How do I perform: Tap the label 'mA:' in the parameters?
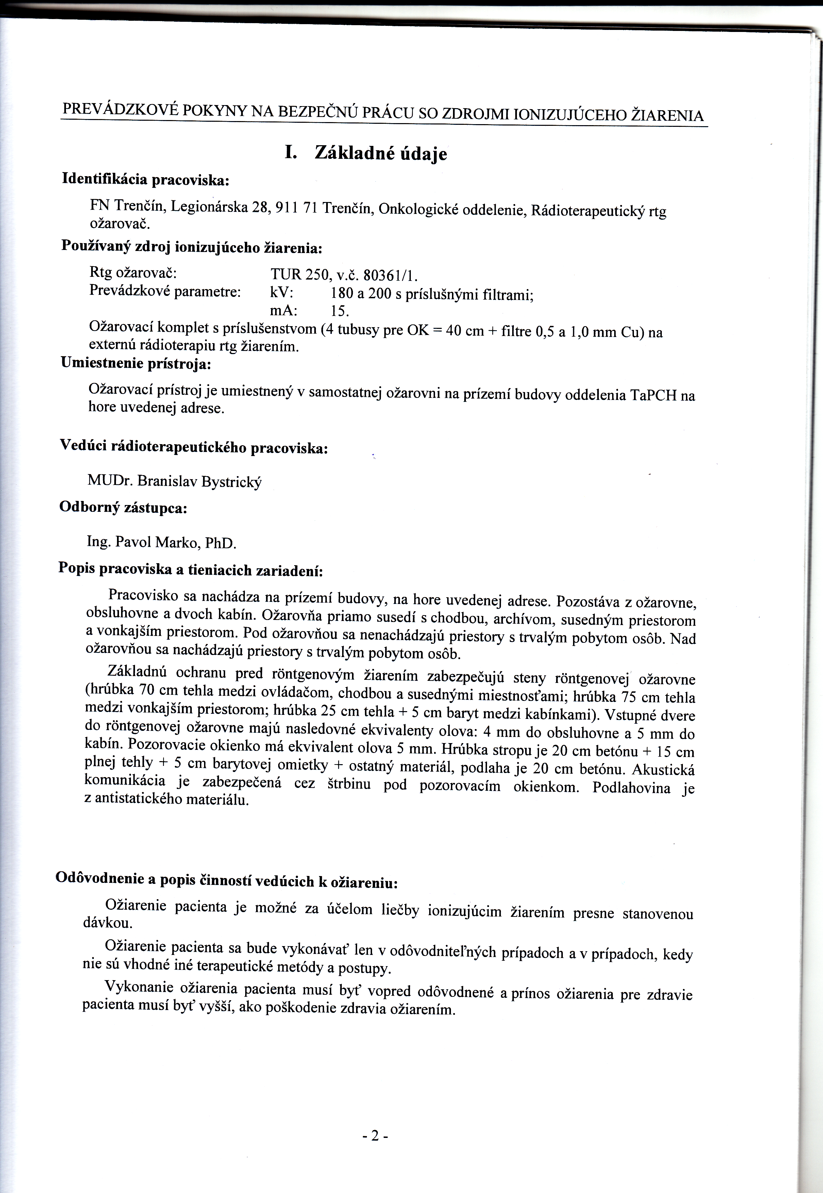[283, 311]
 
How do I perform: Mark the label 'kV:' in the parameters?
[282, 293]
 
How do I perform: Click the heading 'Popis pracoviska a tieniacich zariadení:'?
[191, 569]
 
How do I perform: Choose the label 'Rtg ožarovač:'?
[134, 273]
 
